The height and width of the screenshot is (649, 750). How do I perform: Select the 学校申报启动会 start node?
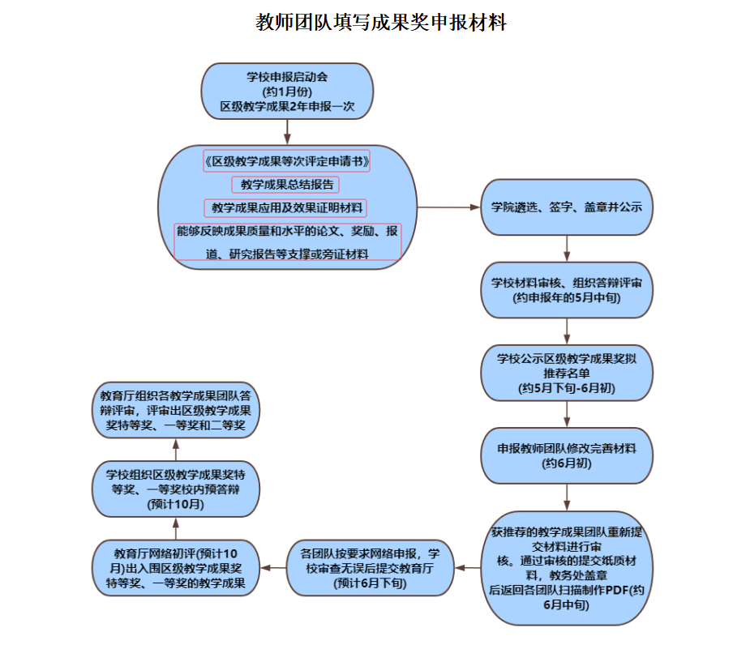287,92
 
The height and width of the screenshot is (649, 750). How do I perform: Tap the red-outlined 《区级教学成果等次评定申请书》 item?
287,161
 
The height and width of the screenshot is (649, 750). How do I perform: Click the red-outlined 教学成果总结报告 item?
287,185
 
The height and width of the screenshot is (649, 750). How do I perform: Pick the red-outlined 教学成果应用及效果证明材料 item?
287,208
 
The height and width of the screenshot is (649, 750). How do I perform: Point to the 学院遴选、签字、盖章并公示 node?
566,207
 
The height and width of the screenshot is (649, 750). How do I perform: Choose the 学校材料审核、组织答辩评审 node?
566,290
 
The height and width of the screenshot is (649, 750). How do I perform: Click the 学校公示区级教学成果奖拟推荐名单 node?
566,374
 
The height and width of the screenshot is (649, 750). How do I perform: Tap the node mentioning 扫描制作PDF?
566,568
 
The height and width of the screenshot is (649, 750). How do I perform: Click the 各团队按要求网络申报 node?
369,568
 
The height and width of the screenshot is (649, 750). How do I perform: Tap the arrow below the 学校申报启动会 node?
287,132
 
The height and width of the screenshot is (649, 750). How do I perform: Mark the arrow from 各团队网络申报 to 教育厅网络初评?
273,568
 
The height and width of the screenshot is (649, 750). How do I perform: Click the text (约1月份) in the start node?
287,92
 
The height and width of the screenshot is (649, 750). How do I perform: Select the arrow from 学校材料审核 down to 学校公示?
566,331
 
